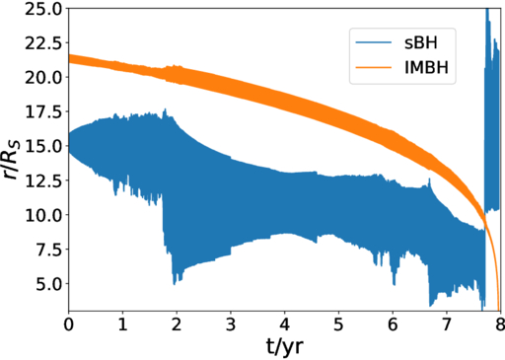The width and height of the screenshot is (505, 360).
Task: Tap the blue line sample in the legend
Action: pyautogui.click(x=376, y=44)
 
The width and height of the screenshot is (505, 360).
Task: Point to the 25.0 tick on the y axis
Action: pyautogui.click(x=43, y=9)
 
